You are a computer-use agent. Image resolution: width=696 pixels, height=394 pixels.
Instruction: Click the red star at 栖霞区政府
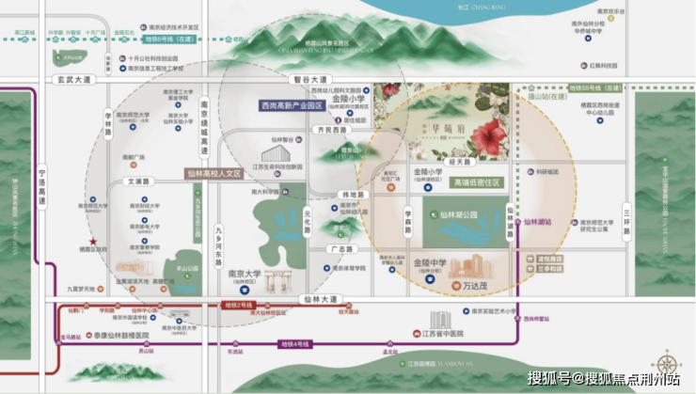coord(93,240)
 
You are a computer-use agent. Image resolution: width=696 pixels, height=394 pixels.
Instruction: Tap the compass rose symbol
coord(667,362)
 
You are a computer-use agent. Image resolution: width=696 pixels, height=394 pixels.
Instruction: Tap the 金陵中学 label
coord(430,263)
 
